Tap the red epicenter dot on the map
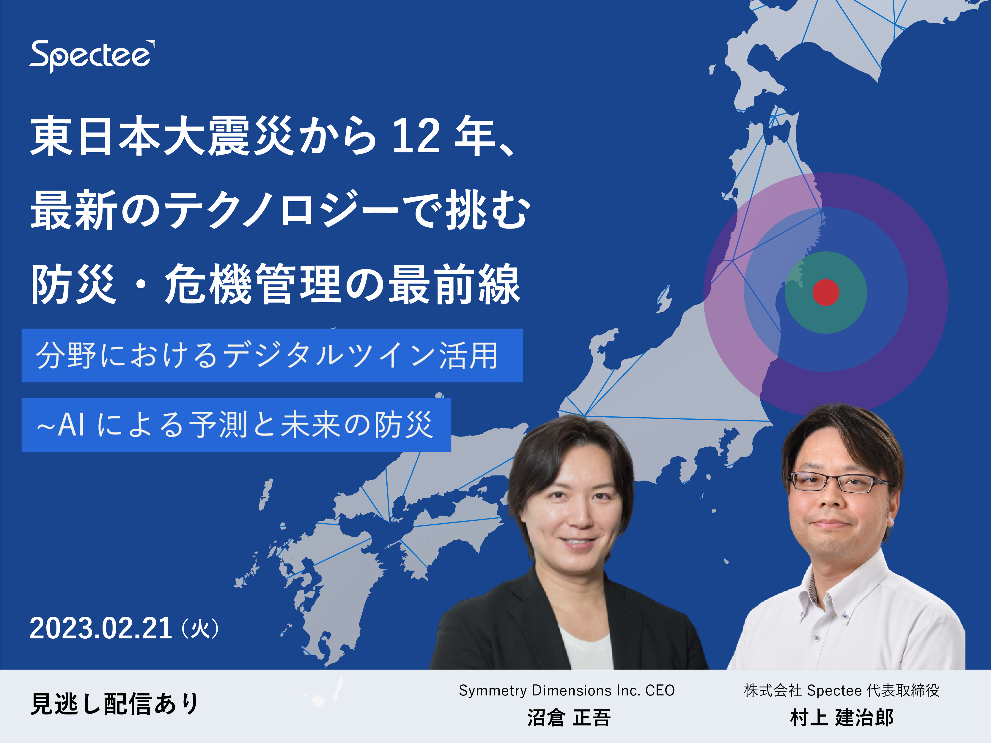pyautogui.click(x=826, y=292)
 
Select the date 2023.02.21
pyautogui.click(x=101, y=628)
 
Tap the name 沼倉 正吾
pyautogui.click(x=569, y=717)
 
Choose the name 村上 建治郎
pyautogui.click(x=841, y=717)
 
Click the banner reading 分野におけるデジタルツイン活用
pyautogui.click(x=272, y=355)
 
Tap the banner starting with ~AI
pyautogui.click(x=236, y=425)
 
